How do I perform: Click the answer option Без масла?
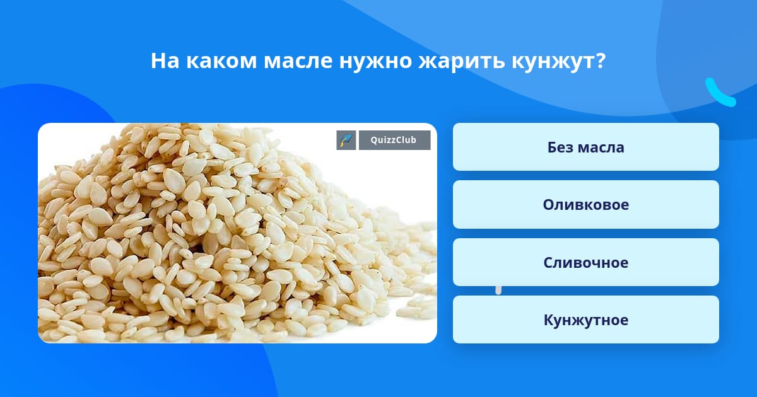585,147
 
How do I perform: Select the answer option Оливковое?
585,205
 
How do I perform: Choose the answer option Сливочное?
585,262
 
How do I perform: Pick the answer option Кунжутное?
585,319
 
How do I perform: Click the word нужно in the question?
375,62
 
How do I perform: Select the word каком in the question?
221,61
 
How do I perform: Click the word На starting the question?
165,60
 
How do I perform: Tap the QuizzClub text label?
394,140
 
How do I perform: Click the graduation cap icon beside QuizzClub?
346,140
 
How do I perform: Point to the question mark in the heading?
601,60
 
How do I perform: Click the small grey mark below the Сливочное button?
498,291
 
